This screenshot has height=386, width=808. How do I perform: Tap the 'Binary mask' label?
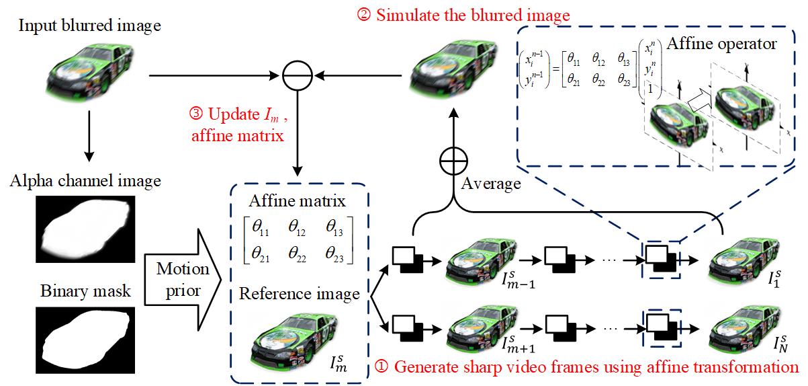tap(85, 294)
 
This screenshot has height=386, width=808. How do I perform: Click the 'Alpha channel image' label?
tap(85, 181)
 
